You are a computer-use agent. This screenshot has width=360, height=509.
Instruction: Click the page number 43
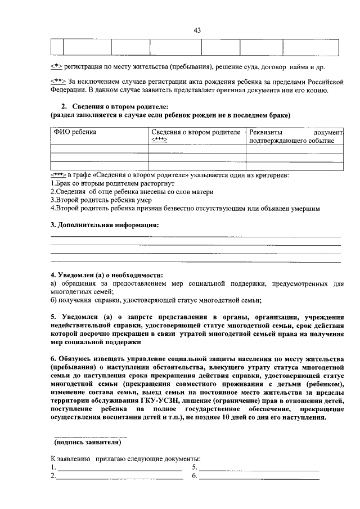point(197,30)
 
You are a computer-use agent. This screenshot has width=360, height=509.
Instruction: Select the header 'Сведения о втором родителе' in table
point(196,132)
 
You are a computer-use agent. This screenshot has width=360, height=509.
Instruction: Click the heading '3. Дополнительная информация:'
point(105,225)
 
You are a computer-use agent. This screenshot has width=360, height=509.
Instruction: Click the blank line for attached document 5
point(259,468)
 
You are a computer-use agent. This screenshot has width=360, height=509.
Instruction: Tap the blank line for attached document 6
point(259,477)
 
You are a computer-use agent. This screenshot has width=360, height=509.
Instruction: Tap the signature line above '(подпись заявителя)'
point(89,436)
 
